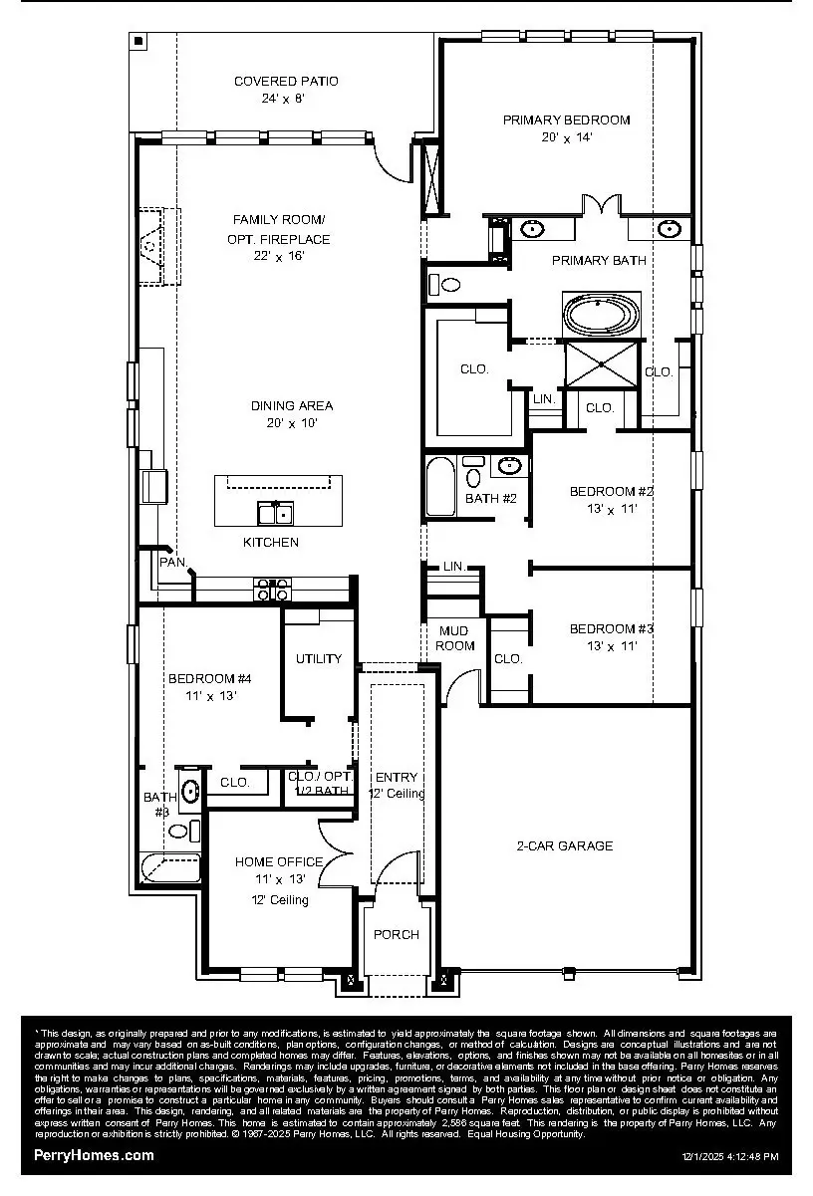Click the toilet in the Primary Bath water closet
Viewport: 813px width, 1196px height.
pyautogui.click(x=447, y=285)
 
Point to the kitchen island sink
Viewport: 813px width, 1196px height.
pyautogui.click(x=275, y=513)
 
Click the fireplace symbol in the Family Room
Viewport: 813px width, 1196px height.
pyautogui.click(x=152, y=245)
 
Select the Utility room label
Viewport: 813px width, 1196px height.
pyautogui.click(x=319, y=658)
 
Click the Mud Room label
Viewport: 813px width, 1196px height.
pyautogui.click(x=456, y=638)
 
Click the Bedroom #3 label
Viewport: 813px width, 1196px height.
pyautogui.click(x=611, y=628)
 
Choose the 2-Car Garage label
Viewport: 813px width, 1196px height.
pyautogui.click(x=564, y=845)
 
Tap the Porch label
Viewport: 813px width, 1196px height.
pyautogui.click(x=396, y=934)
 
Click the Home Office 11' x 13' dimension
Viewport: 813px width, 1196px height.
pyautogui.click(x=279, y=879)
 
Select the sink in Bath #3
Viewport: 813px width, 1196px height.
pyautogui.click(x=190, y=792)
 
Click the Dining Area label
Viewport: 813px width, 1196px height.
pyautogui.click(x=292, y=405)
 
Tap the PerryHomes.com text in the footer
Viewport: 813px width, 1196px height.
pyautogui.click(x=95, y=1155)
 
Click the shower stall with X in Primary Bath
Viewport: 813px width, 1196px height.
pyautogui.click(x=601, y=365)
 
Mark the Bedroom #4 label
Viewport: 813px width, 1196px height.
pyautogui.click(x=209, y=678)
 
